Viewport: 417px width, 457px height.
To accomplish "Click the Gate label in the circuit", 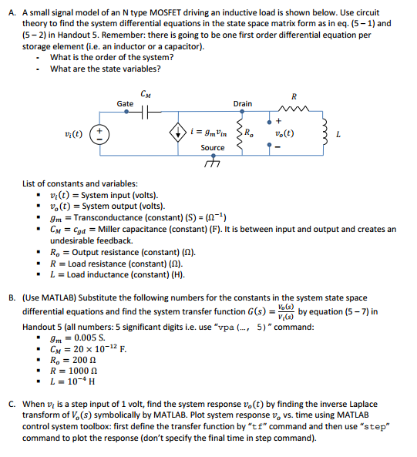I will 125,103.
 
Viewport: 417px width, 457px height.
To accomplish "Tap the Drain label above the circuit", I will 242,103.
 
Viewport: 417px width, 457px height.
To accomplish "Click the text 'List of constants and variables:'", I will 82,183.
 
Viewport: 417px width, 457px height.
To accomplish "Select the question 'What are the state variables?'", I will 106,69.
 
